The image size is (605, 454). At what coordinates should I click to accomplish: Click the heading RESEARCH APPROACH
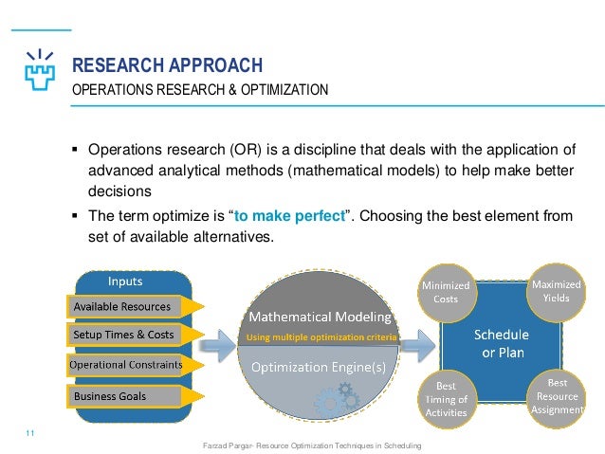[x=168, y=65]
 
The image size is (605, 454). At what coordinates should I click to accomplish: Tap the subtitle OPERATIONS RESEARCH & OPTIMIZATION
[x=202, y=91]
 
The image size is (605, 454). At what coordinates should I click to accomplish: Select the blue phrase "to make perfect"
[x=294, y=216]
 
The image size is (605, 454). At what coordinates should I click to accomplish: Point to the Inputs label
[x=125, y=281]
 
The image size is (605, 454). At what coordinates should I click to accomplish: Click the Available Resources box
[x=122, y=306]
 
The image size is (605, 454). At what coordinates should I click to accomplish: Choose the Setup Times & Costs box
[x=122, y=335]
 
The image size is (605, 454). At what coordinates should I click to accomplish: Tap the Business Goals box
[x=111, y=395]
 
